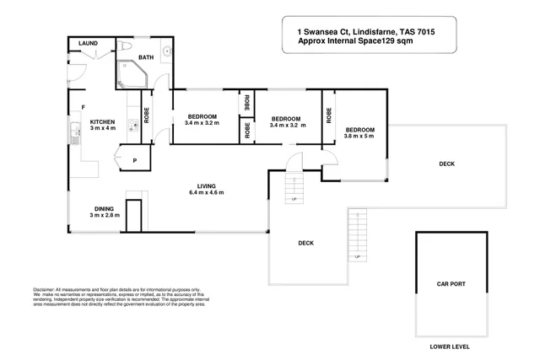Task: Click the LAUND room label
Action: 89,43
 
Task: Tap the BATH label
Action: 147,57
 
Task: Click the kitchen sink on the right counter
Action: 132,127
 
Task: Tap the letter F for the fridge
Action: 83,106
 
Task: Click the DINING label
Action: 105,208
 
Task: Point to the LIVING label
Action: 207,185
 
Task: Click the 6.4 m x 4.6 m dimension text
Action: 207,193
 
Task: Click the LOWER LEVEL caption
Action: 450,347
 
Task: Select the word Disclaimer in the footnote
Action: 46,288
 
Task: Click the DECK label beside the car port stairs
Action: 306,243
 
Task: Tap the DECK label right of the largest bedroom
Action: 447,164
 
